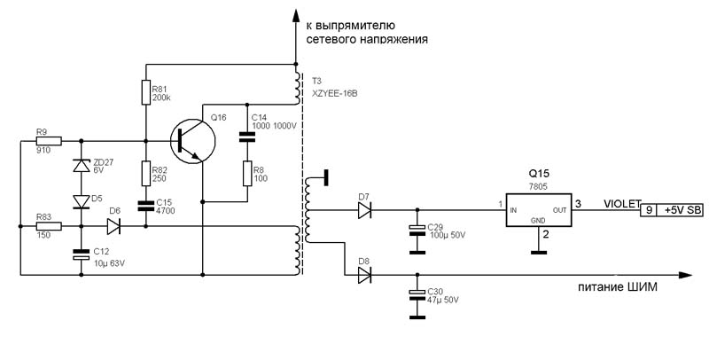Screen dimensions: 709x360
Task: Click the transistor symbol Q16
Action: tap(193, 141)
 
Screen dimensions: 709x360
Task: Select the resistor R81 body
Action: tap(146, 92)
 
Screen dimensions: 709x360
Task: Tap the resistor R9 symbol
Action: tap(49, 141)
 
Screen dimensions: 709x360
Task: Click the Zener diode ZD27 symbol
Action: tap(82, 166)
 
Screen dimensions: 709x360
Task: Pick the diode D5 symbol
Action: tap(82, 201)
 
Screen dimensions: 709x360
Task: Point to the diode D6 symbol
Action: tap(113, 226)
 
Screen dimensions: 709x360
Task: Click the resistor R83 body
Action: tap(49, 226)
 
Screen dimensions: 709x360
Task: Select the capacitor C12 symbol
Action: tap(82, 254)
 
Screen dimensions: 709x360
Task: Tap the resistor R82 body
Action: tap(146, 174)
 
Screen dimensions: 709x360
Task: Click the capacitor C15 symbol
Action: tap(146, 207)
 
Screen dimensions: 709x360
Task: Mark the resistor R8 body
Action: tap(247, 173)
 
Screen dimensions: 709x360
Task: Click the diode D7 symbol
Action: tap(364, 210)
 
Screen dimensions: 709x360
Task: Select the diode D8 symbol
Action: tap(364, 275)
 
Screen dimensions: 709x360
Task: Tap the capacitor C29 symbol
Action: tap(417, 231)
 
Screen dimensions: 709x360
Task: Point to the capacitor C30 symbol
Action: tap(417, 295)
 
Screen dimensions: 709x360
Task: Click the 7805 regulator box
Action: tap(538, 210)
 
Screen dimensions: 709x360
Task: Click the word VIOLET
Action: tap(622, 204)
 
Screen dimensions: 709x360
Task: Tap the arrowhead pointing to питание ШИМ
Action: tap(685, 275)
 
